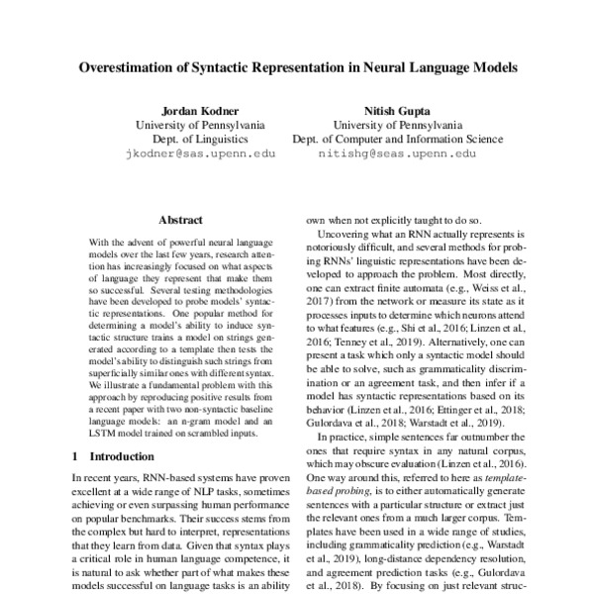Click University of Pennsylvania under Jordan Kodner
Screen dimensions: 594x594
[199, 126]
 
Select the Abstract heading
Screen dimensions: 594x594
[182, 221]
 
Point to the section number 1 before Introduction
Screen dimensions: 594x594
[77, 456]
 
